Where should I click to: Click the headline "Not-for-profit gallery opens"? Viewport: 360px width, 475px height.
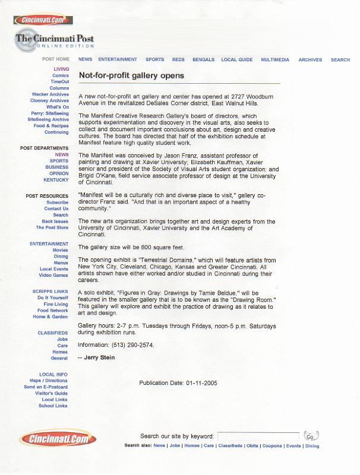pos(131,75)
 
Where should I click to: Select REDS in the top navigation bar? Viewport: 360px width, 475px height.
pos(178,60)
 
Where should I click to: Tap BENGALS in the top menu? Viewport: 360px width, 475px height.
pos(203,60)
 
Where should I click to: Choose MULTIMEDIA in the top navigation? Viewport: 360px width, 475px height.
pos(274,60)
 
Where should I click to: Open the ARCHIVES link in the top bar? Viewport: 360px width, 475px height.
pos(310,60)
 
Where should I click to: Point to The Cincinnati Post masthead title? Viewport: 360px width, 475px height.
pos(55,39)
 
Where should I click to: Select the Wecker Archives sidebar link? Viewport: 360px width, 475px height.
pos(50,94)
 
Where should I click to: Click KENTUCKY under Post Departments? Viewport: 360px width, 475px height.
pos(56,180)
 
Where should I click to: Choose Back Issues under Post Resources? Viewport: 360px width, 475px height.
pos(55,221)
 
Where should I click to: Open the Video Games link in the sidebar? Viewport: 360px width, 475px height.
pos(53,275)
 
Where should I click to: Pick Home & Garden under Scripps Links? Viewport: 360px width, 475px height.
pos(50,317)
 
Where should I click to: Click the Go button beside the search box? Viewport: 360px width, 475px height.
pos(311,436)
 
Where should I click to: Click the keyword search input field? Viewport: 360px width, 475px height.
pos(258,436)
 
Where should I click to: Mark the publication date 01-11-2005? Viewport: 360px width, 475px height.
pos(201,383)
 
